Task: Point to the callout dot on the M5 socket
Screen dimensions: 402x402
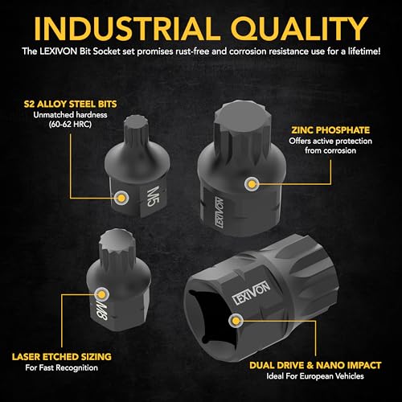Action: click(x=121, y=195)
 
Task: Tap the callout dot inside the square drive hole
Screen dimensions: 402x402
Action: click(x=235, y=321)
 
